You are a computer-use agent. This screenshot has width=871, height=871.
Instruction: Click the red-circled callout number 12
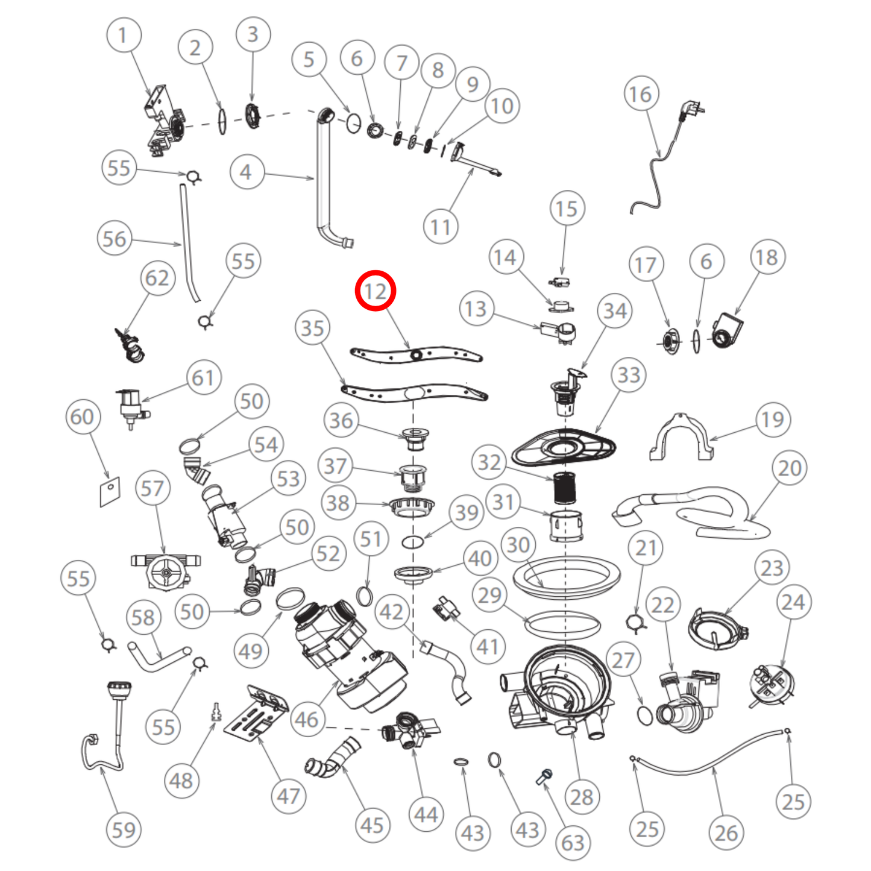coord(375,291)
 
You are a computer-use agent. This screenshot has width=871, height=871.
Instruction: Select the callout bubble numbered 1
coord(124,36)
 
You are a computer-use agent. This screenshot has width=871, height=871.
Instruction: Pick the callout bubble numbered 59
coord(124,829)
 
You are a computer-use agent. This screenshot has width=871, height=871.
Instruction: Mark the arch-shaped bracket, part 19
coord(680,437)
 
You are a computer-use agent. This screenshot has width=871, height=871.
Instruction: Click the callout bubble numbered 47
coord(288,796)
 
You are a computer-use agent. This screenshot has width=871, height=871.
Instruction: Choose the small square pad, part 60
coord(110,492)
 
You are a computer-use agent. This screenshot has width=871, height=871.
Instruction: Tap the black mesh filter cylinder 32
coord(564,488)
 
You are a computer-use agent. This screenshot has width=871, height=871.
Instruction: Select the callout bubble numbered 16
coord(641,94)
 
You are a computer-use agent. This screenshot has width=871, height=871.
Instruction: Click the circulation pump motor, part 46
coord(350,657)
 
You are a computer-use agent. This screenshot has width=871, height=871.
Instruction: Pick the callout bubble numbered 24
coord(793,602)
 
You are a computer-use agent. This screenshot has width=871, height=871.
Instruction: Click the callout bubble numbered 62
coord(157,278)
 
